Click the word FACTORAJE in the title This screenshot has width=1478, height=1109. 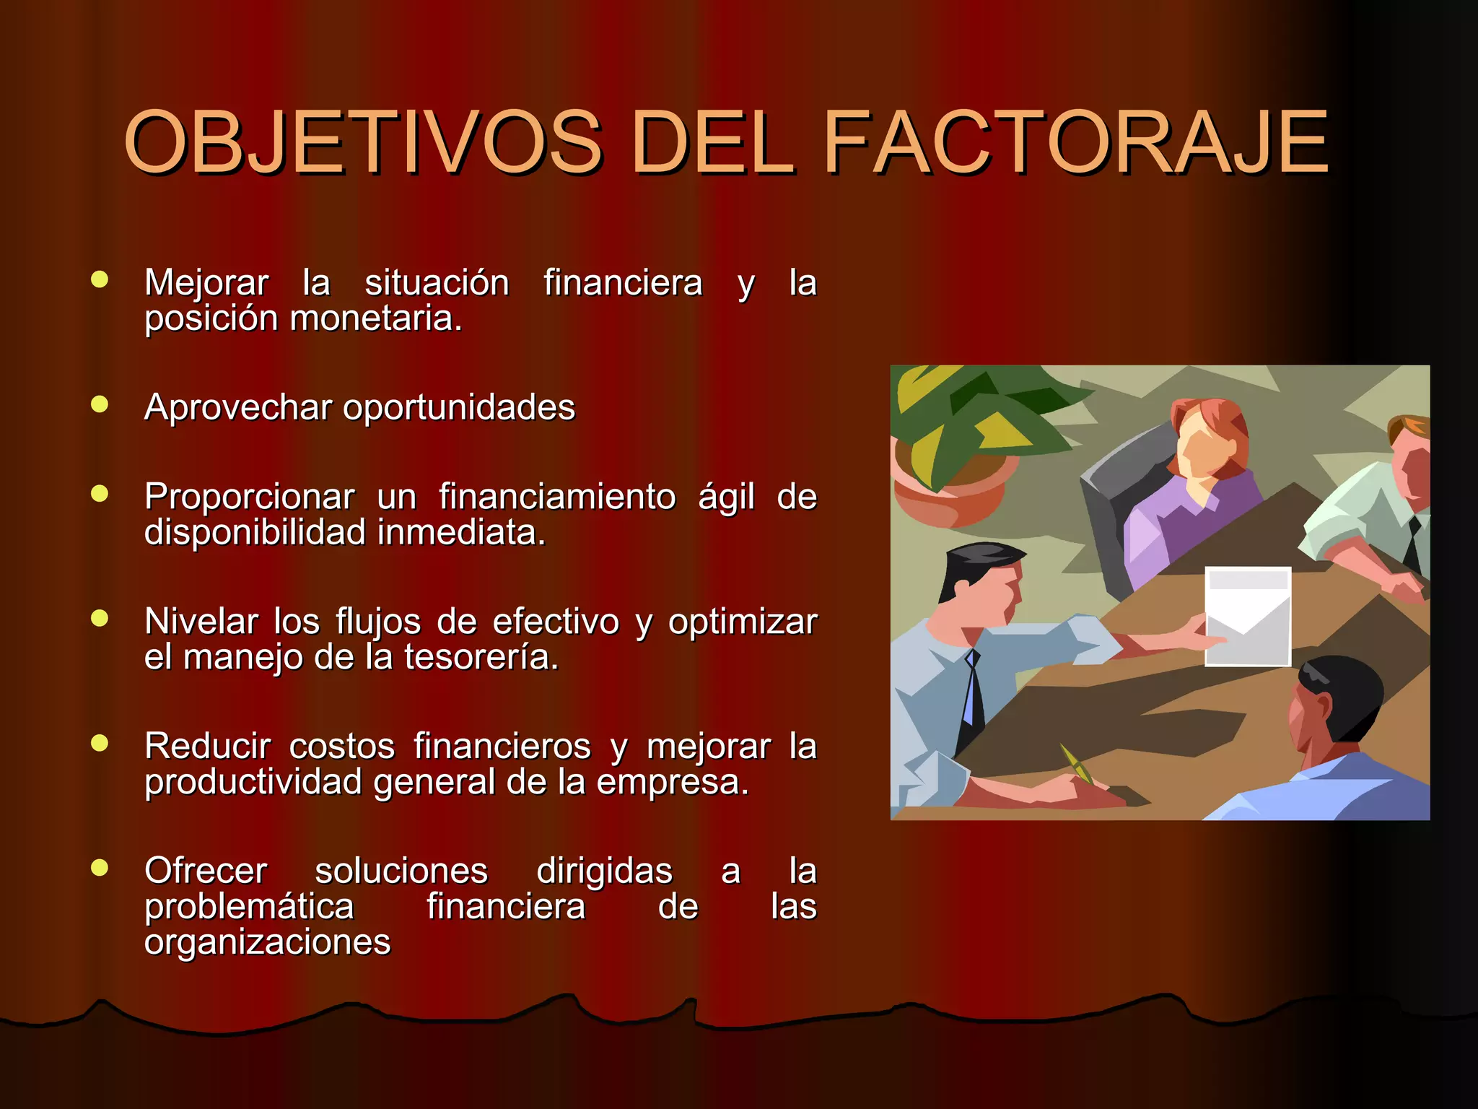1075,142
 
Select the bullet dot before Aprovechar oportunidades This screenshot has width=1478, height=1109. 100,404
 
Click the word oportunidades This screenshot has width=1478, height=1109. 459,408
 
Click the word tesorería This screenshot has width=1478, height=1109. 481,658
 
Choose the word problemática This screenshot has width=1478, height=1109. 249,907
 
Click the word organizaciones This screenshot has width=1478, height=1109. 267,942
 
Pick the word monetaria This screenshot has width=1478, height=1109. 375,319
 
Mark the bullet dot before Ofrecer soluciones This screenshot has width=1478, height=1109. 100,868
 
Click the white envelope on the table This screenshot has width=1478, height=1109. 1248,615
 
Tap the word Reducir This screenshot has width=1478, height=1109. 208,747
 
